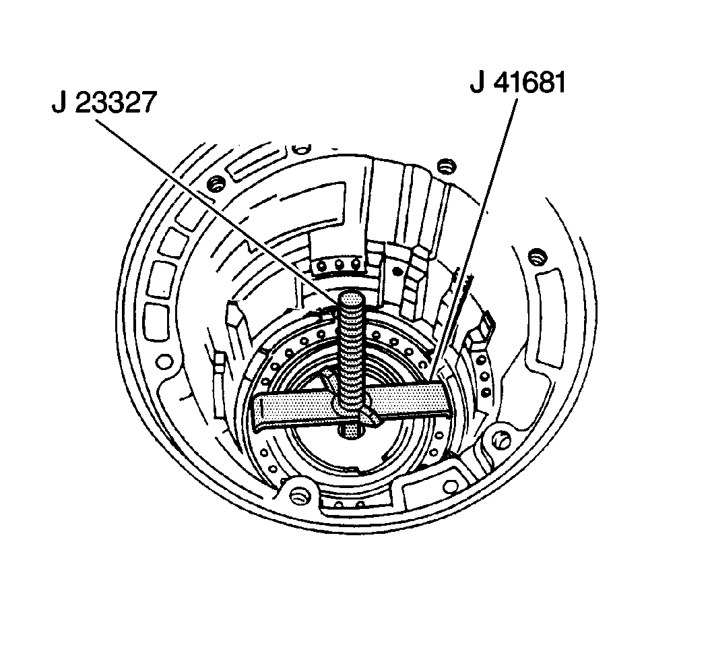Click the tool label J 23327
click(x=104, y=103)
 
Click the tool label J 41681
click(x=518, y=84)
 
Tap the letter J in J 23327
click(x=59, y=103)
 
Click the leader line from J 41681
click(x=472, y=239)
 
